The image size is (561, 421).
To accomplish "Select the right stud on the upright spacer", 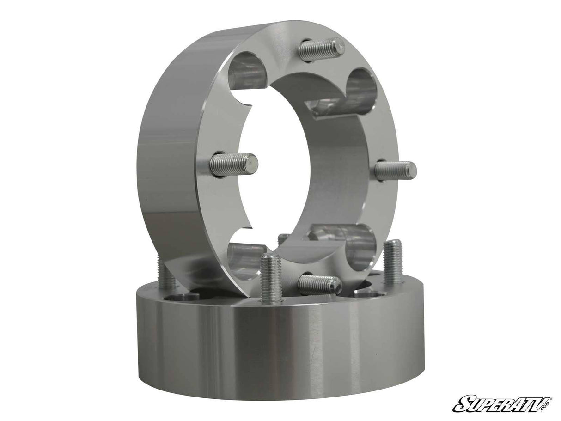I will point(396,170).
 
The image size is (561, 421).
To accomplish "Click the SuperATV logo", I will point(502,403).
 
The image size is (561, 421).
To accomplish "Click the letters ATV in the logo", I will point(525,402).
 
